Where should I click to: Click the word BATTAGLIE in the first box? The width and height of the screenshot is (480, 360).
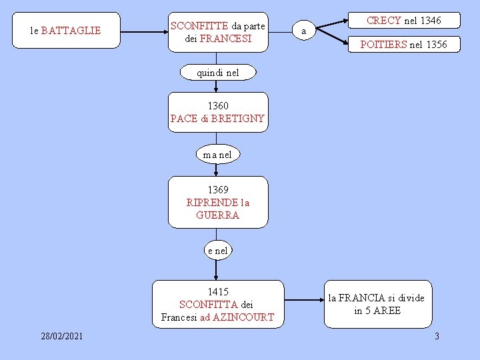pos(71,31)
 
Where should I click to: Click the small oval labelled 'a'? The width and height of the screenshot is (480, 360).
pos(304,31)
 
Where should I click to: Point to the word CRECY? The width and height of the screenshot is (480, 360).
pos(384,21)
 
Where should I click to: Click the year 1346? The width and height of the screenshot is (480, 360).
pos(429,21)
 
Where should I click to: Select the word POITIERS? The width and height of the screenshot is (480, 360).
pos(383,45)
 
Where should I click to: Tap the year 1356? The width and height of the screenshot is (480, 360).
pos(435,45)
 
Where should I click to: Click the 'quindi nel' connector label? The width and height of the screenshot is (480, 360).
pos(217,73)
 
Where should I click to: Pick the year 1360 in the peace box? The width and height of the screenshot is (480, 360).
pos(217,105)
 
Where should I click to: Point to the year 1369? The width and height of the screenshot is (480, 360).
pos(217,190)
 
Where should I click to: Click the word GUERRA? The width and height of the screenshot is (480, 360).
pos(217,215)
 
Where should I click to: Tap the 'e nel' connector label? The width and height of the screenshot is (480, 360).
pos(217,251)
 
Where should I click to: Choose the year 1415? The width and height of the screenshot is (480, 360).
pos(217,291)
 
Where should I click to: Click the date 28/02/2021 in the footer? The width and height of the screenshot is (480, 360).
pos(61,336)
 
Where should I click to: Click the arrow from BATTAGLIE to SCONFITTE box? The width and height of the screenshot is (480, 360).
pos(143,31)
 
